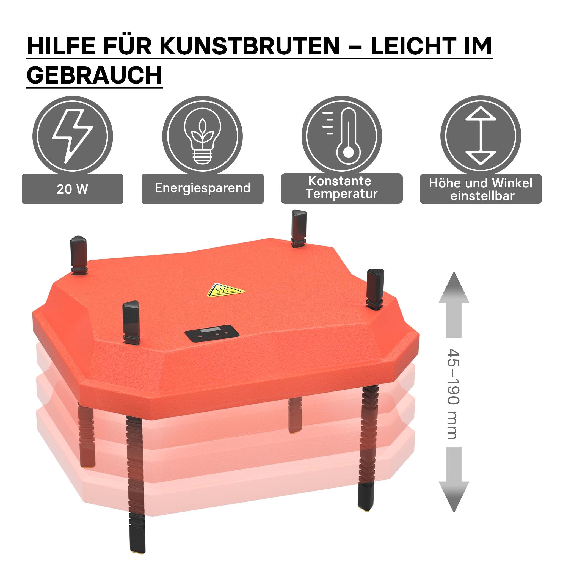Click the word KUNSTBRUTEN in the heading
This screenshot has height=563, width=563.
point(250,46)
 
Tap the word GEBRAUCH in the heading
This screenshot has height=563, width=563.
point(94,75)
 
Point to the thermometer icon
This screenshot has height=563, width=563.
point(342,136)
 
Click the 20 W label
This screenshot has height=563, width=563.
point(73,189)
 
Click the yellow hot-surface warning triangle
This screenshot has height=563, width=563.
point(226,290)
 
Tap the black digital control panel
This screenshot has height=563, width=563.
point(212,334)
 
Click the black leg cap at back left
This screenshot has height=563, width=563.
point(79,254)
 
